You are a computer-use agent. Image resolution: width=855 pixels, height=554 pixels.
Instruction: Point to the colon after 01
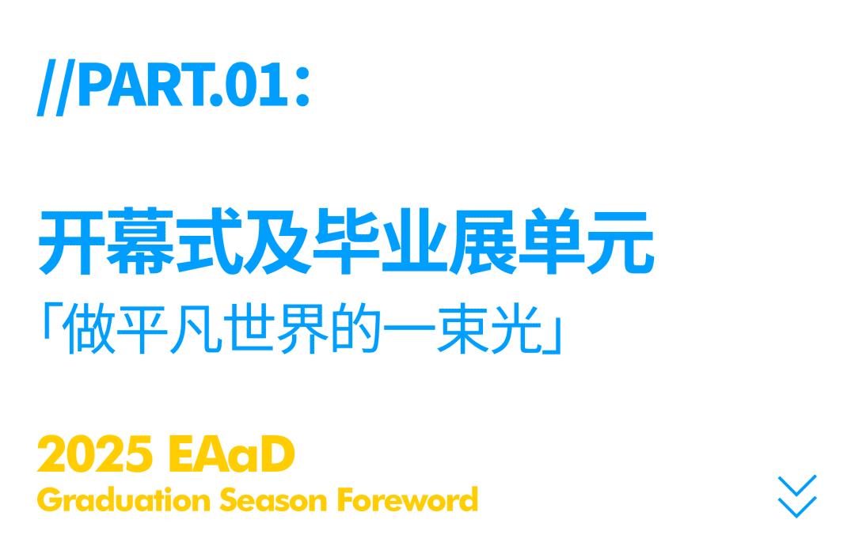point(302,86)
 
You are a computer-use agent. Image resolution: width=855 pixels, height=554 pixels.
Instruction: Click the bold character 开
point(71,241)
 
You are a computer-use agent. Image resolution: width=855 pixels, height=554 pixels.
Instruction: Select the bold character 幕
point(140,241)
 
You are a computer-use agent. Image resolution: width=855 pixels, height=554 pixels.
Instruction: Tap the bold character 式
point(209,241)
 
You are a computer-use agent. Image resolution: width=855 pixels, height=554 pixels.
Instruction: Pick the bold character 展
point(483,241)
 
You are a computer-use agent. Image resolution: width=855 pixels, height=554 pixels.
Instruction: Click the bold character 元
point(620,241)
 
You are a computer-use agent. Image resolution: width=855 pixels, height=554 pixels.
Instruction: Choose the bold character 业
point(414,241)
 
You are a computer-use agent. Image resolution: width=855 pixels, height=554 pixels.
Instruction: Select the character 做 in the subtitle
point(89,328)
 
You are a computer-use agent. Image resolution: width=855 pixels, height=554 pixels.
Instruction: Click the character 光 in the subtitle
point(516,328)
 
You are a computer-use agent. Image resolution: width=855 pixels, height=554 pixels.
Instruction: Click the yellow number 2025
point(95,453)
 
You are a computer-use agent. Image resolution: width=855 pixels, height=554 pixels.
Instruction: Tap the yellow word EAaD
point(232,453)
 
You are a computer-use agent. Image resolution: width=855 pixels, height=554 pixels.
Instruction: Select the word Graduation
point(123,500)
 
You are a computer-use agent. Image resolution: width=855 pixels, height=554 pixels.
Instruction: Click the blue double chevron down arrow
point(796,497)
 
